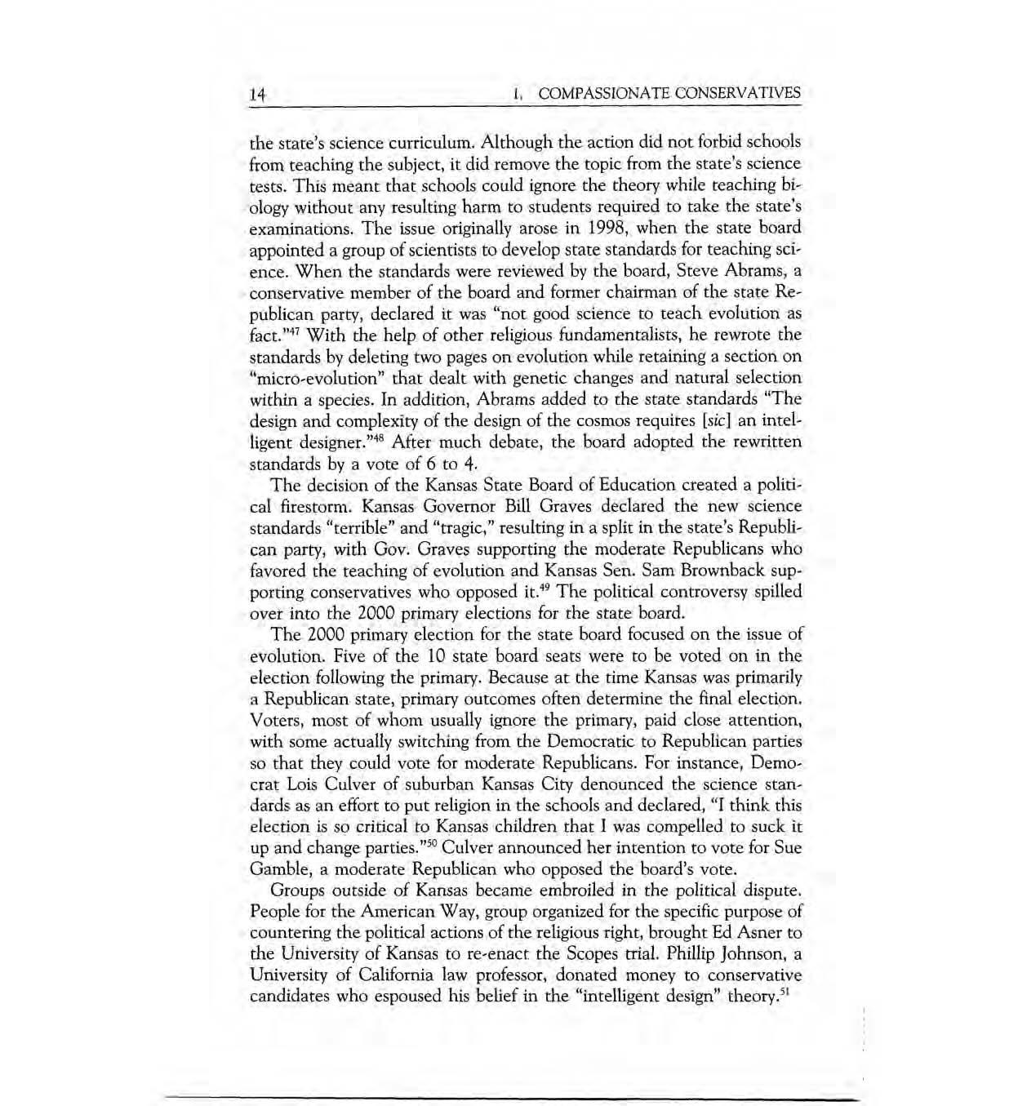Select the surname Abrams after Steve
pos(755,270)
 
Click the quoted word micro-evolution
pos(318,378)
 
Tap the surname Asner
pos(758,932)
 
